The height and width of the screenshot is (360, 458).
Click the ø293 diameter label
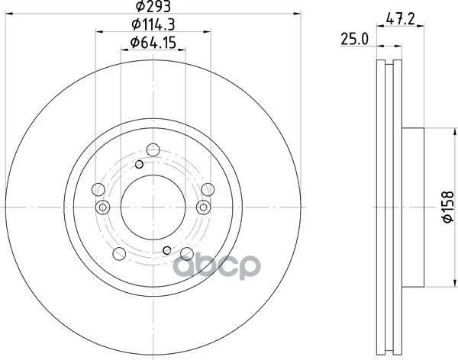pyautogui.click(x=153, y=8)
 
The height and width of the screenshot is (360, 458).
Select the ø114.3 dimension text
pyautogui.click(x=153, y=27)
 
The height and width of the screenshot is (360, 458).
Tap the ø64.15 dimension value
pyautogui.click(x=153, y=43)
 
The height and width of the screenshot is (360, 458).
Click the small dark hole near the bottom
pyautogui.click(x=167, y=250)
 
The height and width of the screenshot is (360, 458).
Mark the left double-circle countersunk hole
pyautogui.click(x=102, y=207)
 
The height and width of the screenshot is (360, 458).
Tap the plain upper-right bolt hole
pyautogui.click(x=208, y=191)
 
